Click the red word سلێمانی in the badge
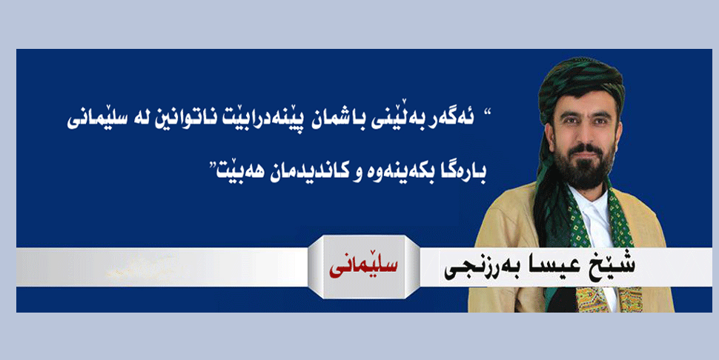click(x=363, y=267)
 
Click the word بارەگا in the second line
click(x=464, y=171)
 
